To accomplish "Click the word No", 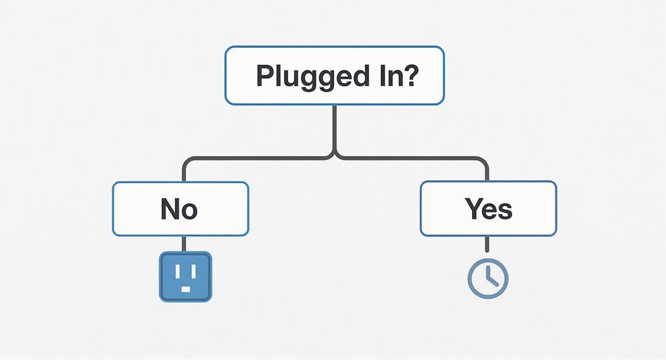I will [x=179, y=209].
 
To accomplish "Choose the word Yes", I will [x=488, y=209].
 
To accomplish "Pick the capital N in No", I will [x=170, y=209].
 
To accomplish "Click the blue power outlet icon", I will [x=185, y=277].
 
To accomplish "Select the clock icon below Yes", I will [x=488, y=279].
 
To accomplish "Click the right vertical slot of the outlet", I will [x=192, y=271].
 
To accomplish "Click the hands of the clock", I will [x=489, y=278].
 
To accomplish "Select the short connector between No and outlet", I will [x=183, y=244].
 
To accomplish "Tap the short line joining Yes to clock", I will [x=487, y=244].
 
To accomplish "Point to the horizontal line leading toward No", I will [x=254, y=158].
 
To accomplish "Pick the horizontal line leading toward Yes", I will [x=411, y=158].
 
